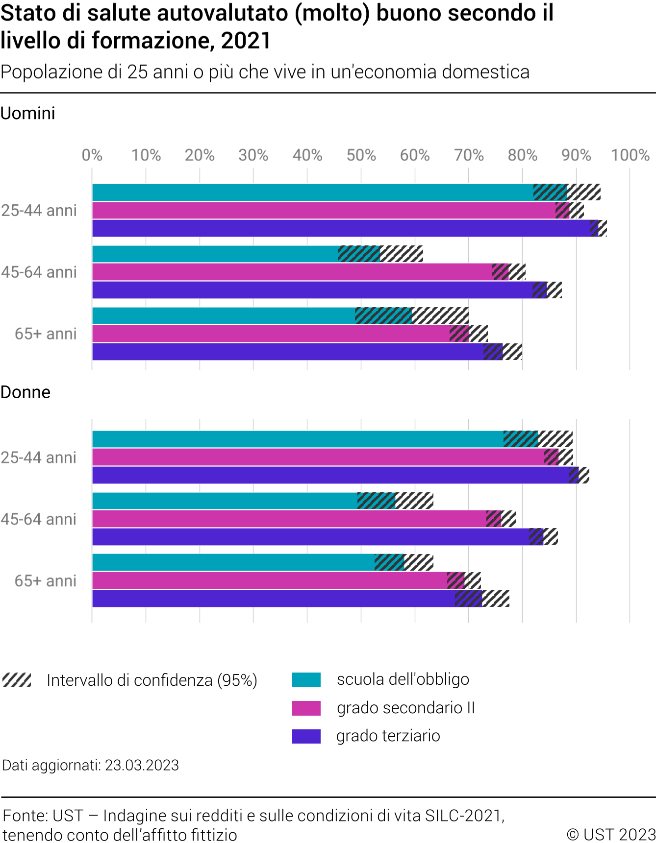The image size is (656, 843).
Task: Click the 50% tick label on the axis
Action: pos(361,155)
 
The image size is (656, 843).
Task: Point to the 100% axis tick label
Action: pos(630,155)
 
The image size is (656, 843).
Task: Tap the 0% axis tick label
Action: pos(92,155)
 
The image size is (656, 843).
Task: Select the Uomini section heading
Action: pos(28,113)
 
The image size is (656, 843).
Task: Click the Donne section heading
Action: pos(25,392)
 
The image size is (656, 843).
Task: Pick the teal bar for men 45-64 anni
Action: pos(216,254)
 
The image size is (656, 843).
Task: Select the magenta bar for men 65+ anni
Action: pos(270,334)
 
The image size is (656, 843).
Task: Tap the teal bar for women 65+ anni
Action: pos(233,562)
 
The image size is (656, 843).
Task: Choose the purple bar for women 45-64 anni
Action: pos(309,537)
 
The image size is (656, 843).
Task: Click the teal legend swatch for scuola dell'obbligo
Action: pos(306,680)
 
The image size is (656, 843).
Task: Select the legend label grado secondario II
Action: pos(406,708)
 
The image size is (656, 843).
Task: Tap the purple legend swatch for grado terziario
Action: pos(306,736)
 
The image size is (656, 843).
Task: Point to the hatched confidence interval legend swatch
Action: pos(17,680)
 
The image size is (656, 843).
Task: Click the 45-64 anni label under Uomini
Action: pos(39,272)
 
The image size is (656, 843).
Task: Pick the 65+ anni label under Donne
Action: pos(46,580)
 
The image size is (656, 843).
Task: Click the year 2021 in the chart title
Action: pos(246,40)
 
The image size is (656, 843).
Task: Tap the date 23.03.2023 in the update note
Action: pos(142,765)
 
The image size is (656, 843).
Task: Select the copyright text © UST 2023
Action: pos(611,834)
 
